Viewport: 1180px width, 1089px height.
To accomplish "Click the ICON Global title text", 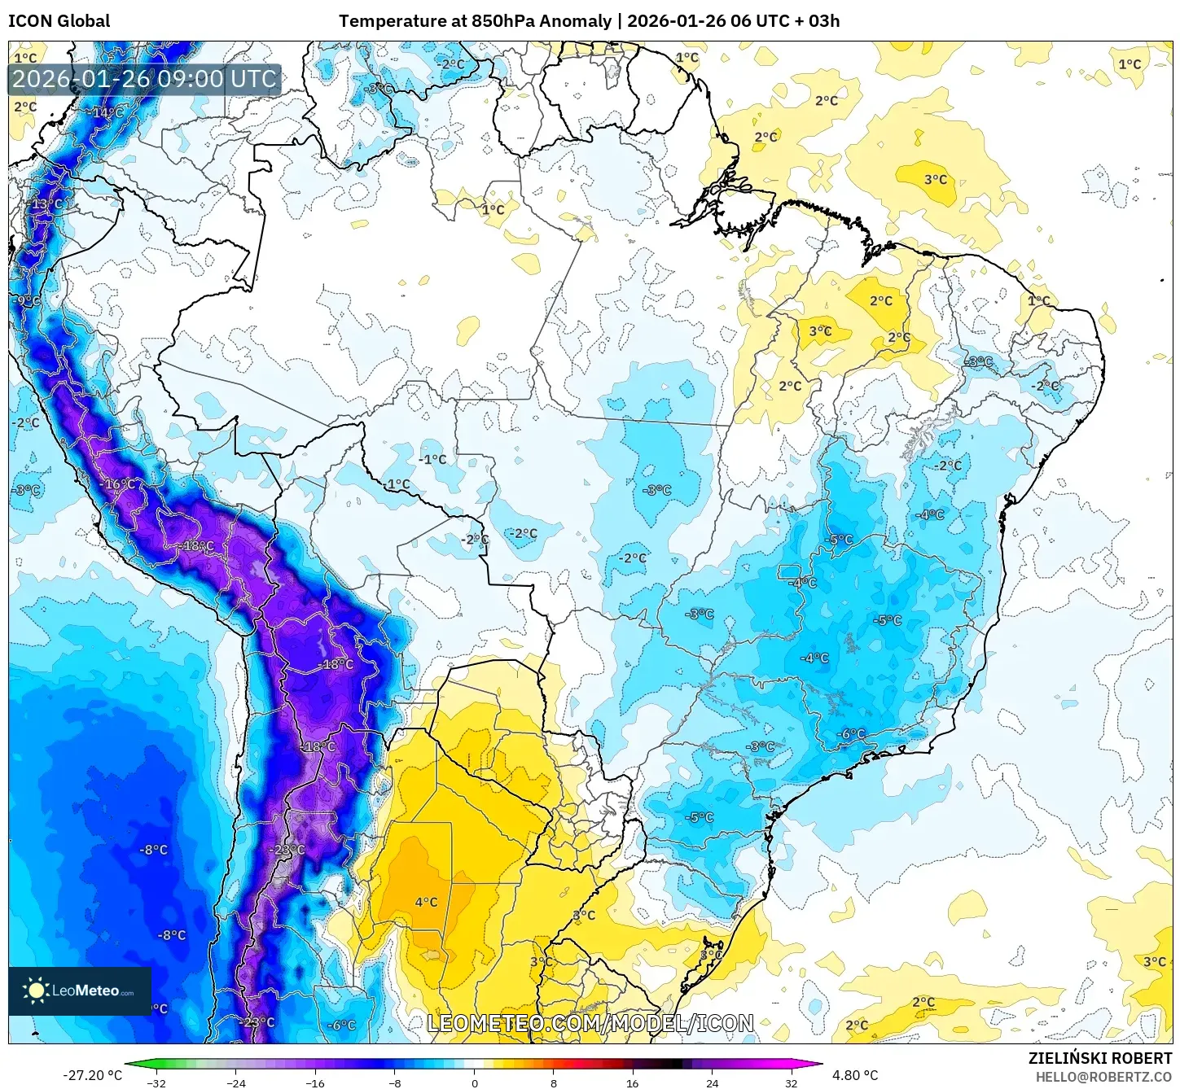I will (59, 21).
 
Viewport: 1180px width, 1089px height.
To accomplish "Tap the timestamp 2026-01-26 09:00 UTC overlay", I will (145, 80).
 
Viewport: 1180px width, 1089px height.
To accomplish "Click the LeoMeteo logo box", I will (80, 991).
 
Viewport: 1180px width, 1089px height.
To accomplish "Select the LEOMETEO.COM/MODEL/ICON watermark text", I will (590, 1024).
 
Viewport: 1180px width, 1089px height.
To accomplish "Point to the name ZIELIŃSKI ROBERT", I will (1100, 1058).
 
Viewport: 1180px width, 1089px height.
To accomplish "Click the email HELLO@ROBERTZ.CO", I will (1103, 1077).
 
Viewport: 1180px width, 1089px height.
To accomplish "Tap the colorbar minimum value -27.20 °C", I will (92, 1075).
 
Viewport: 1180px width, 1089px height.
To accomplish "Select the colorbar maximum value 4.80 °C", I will (855, 1075).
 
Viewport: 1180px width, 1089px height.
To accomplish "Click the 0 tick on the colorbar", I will (474, 1082).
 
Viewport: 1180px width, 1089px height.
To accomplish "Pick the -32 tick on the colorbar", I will (156, 1082).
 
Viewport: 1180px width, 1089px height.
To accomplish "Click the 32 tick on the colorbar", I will (791, 1082).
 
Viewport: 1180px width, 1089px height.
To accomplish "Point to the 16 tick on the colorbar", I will (632, 1082).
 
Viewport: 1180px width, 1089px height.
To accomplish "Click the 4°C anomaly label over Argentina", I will (426, 902).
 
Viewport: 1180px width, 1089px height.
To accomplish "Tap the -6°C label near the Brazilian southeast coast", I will (852, 734).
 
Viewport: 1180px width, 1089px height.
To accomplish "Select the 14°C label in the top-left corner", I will (108, 112).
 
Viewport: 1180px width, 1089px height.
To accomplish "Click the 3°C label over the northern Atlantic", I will (936, 179).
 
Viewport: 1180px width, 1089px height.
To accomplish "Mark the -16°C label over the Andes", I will (119, 484).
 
